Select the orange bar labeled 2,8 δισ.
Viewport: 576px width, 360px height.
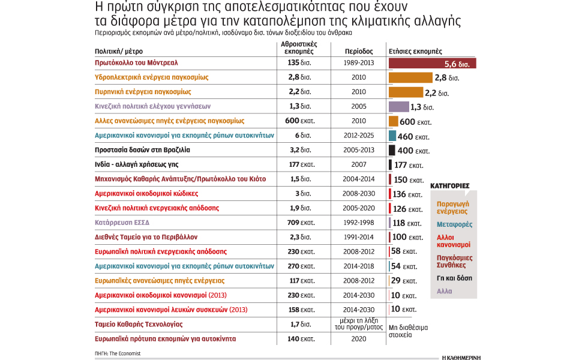410,77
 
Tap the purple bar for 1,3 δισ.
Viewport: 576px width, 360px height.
398,107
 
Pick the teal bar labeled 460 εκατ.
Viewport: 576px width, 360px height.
392,136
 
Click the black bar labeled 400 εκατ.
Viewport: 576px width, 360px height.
392,151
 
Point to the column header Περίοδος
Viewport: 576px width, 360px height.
358,52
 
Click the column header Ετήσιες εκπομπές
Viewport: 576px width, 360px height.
415,52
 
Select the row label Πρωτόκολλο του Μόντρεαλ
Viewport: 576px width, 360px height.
136,62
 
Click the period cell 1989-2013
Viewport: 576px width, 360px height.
359,62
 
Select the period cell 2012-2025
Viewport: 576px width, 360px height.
359,136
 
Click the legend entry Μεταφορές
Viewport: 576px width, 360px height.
454,224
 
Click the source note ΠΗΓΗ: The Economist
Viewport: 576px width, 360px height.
118,353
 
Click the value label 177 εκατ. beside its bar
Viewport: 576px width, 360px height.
408,165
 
